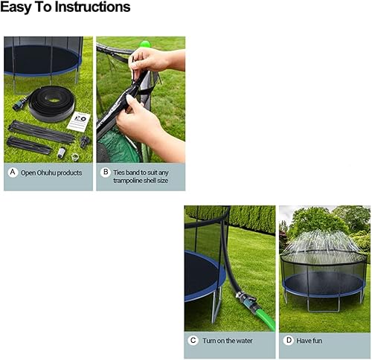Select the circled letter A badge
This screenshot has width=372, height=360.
pyautogui.click(x=12, y=173)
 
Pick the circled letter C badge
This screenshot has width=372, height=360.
pyautogui.click(x=193, y=340)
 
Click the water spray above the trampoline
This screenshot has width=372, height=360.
pyautogui.click(x=323, y=242)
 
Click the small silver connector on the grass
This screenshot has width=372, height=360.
pyautogui.click(x=62, y=154)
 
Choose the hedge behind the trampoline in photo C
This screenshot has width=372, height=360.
pyautogui.click(x=249, y=219)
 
